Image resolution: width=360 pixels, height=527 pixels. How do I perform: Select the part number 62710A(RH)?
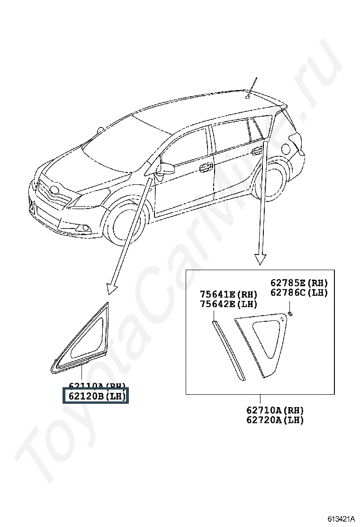(x=275, y=410)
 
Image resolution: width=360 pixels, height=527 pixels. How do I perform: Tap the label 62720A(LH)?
(x=275, y=420)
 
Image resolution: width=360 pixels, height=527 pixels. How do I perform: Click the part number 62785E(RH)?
(x=299, y=283)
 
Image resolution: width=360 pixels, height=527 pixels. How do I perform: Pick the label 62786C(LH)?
(x=299, y=292)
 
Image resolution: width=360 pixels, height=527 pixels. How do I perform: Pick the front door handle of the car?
(x=206, y=167)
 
